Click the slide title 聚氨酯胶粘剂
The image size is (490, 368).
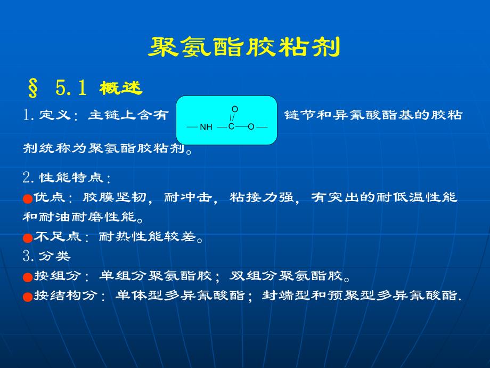[244, 48]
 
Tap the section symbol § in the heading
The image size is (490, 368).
[33, 88]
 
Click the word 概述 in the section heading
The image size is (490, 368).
[121, 89]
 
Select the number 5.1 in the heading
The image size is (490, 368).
[70, 88]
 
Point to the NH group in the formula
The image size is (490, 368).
[206, 127]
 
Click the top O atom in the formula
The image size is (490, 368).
[234, 109]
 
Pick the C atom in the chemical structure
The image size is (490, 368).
[231, 126]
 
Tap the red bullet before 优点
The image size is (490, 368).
[28, 198]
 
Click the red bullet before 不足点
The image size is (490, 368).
[28, 238]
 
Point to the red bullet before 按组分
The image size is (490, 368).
[28, 277]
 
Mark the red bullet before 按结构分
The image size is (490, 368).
[28, 297]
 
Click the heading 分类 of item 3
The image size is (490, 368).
[54, 257]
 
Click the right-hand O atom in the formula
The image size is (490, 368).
[251, 126]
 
